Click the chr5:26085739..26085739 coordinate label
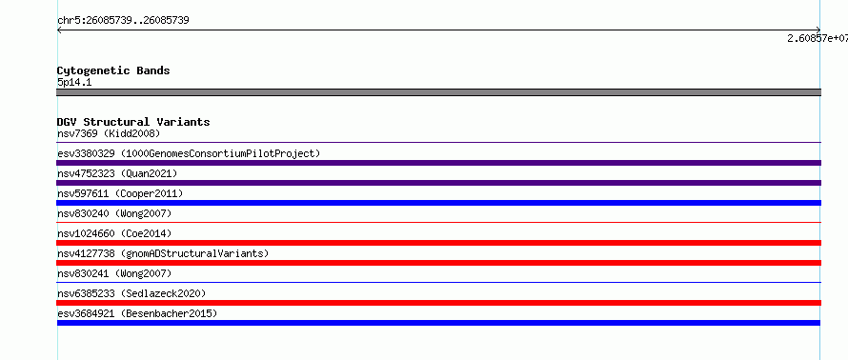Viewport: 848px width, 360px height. (123, 21)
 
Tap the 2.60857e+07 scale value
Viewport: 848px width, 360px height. (818, 38)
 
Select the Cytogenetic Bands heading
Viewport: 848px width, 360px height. (113, 70)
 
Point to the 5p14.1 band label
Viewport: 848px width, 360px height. (74, 83)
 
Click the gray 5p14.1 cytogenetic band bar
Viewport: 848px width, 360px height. (438, 92)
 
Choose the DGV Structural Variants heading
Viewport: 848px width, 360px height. (133, 122)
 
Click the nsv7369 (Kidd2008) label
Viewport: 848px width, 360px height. (109, 133)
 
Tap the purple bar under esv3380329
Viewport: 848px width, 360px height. (438, 163)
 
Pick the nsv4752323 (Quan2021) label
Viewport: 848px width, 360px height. (117, 173)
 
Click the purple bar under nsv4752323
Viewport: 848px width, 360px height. (438, 183)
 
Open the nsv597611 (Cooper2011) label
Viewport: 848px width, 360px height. (120, 193)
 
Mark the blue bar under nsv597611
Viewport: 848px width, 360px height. (438, 203)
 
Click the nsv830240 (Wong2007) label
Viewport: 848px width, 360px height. (114, 213)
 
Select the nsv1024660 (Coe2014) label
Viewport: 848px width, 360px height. (114, 233)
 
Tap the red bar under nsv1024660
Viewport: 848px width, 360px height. (438, 243)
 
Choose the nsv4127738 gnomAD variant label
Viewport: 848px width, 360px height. (163, 253)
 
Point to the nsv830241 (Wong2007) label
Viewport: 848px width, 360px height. (114, 273)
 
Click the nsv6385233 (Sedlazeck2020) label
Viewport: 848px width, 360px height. (131, 293)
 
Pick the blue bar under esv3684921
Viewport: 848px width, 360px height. (438, 323)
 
